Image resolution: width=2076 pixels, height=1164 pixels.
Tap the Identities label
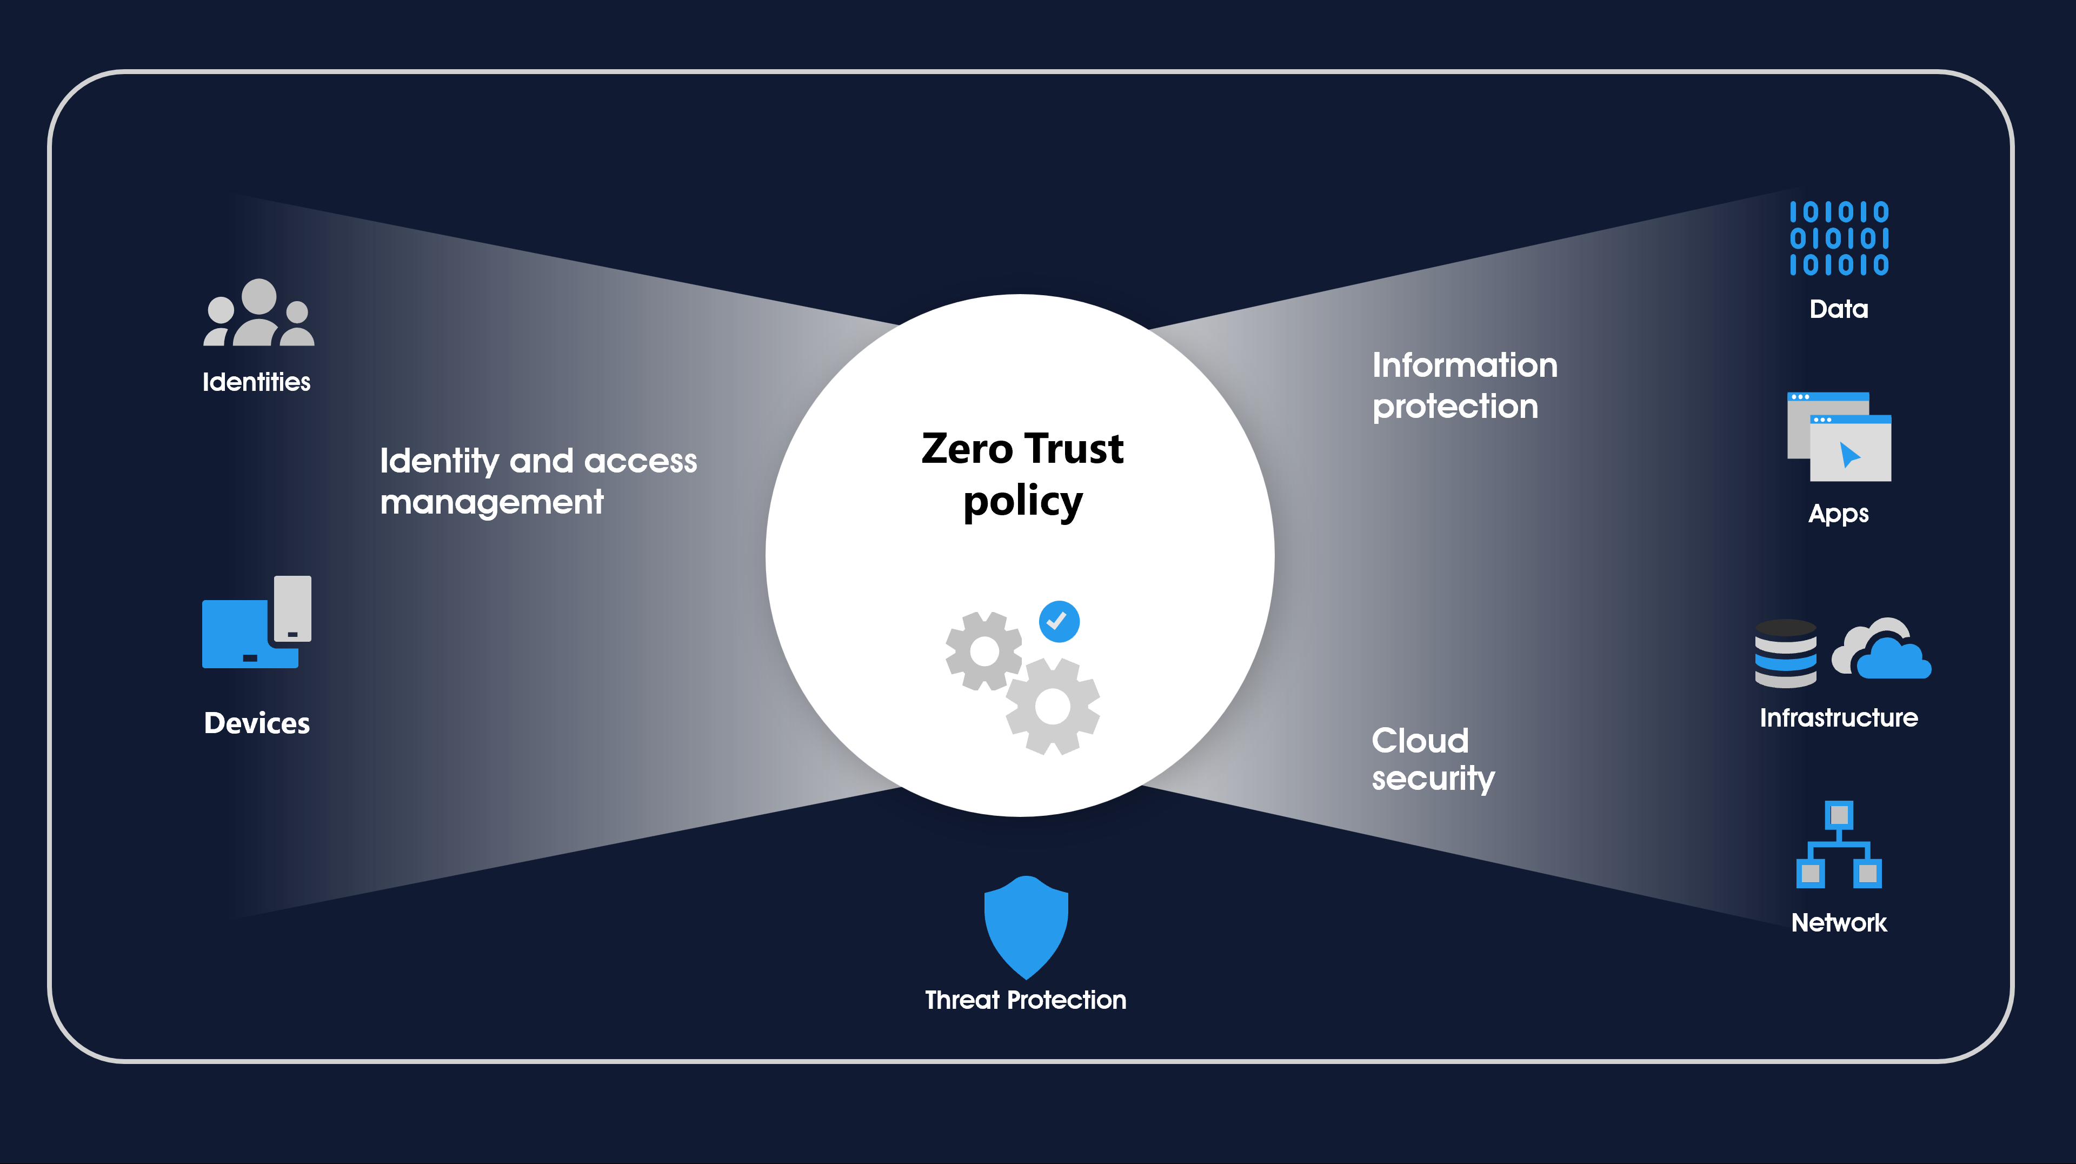tap(256, 381)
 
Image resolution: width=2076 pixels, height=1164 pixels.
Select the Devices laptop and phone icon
tap(256, 622)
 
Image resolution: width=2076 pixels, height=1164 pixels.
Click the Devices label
tap(256, 723)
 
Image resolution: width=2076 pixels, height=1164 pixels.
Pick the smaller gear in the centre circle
tap(984, 650)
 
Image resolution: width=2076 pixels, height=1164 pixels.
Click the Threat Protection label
tap(1025, 1000)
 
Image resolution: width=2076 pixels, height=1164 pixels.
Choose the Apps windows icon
tap(1839, 437)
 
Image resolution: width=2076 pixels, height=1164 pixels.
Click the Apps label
tap(1838, 514)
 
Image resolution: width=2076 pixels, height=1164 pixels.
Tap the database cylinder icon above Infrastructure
tap(1786, 653)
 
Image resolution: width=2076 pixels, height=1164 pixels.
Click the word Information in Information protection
tap(1465, 365)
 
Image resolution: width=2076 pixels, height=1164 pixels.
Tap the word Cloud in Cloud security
tap(1420, 740)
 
